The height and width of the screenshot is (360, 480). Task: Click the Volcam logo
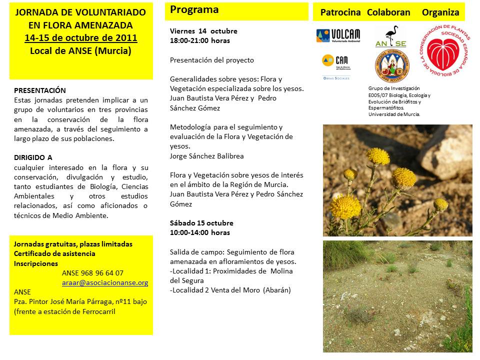click(337, 35)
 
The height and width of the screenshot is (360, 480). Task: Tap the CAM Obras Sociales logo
click(336, 67)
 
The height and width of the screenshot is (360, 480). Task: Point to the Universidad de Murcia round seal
click(391, 65)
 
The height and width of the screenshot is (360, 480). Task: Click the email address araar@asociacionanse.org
click(105, 282)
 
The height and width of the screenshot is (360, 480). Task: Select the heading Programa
click(194, 9)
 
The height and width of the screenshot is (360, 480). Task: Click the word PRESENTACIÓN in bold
click(40, 90)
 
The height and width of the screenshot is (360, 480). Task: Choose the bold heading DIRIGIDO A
click(33, 157)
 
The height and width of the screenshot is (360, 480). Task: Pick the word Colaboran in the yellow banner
click(388, 12)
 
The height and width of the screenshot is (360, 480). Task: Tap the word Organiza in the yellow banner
click(440, 12)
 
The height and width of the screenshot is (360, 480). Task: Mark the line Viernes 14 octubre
click(203, 31)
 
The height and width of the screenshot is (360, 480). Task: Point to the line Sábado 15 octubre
click(201, 223)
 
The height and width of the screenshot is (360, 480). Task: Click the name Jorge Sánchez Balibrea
click(207, 156)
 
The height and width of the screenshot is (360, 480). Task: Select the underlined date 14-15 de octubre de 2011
click(80, 38)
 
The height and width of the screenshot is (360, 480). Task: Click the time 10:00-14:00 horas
click(200, 232)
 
